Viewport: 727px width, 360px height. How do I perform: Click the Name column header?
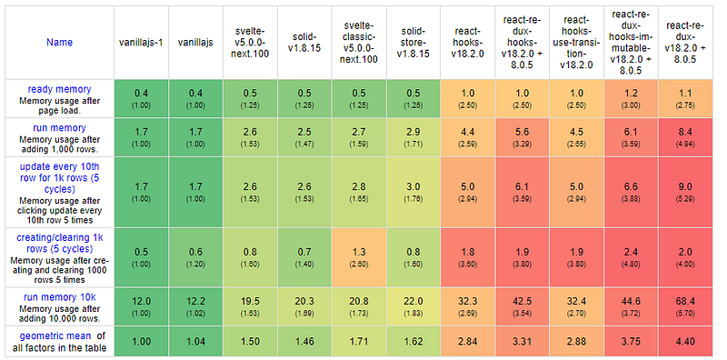tap(59, 42)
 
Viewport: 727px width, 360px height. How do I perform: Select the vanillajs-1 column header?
tap(141, 42)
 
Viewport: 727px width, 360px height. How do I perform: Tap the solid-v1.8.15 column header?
tap(304, 42)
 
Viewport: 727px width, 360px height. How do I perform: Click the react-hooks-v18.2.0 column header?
tap(468, 42)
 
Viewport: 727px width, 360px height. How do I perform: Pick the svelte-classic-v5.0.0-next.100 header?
tap(359, 42)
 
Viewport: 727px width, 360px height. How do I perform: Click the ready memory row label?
tap(59, 89)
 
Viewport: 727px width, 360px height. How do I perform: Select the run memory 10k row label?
tap(59, 297)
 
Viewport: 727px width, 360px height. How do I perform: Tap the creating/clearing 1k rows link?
tap(59, 243)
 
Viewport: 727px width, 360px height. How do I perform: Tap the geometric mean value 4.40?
tap(685, 342)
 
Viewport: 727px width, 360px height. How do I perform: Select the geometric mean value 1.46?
tap(304, 342)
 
